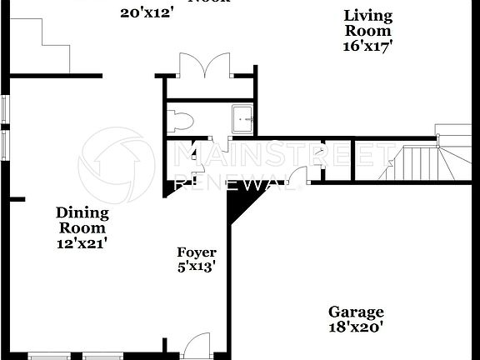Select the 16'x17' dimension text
(367, 46)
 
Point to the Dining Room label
(82, 220)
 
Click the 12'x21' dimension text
(82, 243)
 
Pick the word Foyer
(197, 252)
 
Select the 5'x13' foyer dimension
(197, 267)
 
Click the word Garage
(355, 312)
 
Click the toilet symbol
(178, 122)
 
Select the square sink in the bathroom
(242, 120)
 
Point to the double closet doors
(204, 66)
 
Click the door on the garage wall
(312, 173)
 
